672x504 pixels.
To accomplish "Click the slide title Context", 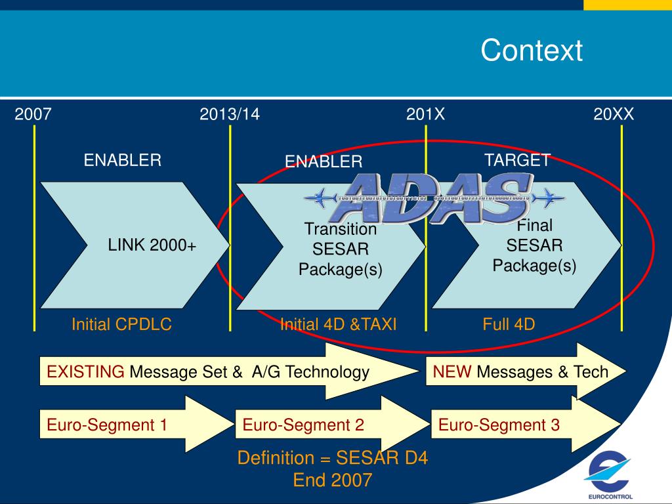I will click(531, 51).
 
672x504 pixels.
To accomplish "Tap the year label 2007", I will click(33, 115).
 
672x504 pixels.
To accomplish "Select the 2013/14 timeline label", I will click(230, 115).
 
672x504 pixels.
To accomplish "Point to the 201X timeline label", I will click(425, 115).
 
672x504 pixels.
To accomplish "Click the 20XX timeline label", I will click(614, 115).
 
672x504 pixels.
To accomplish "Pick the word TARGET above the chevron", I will click(517, 161).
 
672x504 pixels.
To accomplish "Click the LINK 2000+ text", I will click(152, 246).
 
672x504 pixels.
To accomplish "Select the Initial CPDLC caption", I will click(121, 324).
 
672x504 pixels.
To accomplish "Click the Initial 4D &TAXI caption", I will click(338, 324).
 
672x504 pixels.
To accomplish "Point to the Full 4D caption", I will click(509, 324).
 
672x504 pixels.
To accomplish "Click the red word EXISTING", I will click(85, 373).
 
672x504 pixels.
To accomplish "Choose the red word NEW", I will click(452, 373).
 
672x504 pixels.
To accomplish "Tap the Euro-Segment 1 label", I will click(106, 425).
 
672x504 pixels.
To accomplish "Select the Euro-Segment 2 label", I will click(303, 425).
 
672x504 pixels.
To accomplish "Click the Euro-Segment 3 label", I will click(499, 425).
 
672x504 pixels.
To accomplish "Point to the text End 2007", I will click(332, 480).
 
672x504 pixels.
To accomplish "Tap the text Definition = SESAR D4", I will click(332, 458).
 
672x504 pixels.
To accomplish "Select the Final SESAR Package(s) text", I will click(534, 246).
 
